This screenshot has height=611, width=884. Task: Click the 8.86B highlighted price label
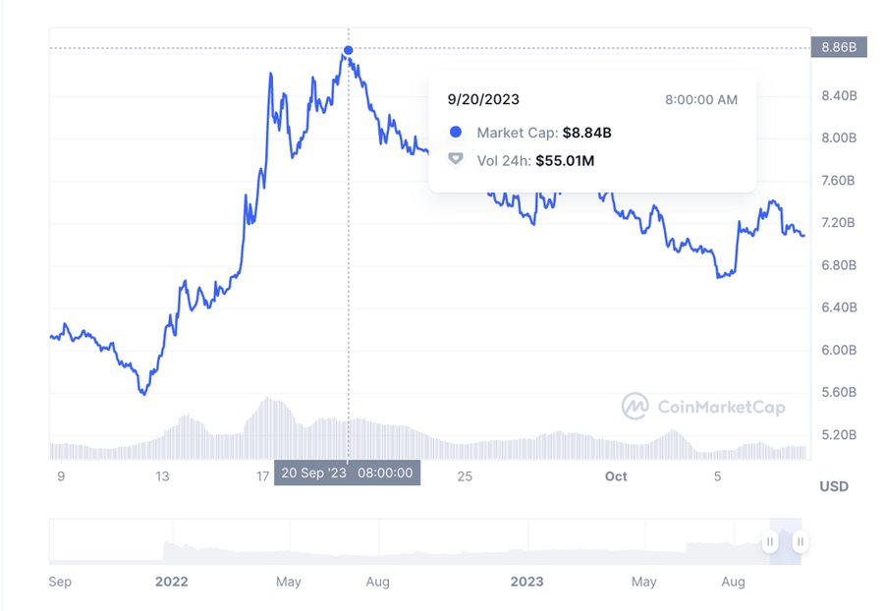point(839,47)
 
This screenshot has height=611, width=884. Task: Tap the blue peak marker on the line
point(349,50)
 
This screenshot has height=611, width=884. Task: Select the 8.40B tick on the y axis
point(839,96)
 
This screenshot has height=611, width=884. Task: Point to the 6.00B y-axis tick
point(839,350)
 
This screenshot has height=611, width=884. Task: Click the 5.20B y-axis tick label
point(839,434)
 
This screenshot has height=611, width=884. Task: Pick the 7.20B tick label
point(839,223)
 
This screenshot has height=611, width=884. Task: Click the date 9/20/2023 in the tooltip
point(483,99)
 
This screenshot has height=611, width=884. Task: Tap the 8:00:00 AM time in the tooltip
point(700,100)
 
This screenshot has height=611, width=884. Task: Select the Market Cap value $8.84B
point(587,133)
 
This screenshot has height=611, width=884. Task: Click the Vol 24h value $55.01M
point(565,161)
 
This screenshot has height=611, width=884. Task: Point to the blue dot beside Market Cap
point(456,132)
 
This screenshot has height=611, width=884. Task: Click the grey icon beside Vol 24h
point(456,159)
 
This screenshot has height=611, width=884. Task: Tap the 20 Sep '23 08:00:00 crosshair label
point(348,472)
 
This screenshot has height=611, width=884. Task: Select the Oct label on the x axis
point(616,476)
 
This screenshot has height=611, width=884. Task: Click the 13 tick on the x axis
point(162,476)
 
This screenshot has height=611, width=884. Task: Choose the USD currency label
point(834,486)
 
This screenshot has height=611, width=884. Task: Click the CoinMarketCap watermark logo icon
point(635,406)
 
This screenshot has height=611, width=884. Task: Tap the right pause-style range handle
point(800,541)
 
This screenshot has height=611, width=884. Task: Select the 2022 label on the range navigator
point(171,582)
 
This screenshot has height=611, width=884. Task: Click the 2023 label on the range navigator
point(527,582)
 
